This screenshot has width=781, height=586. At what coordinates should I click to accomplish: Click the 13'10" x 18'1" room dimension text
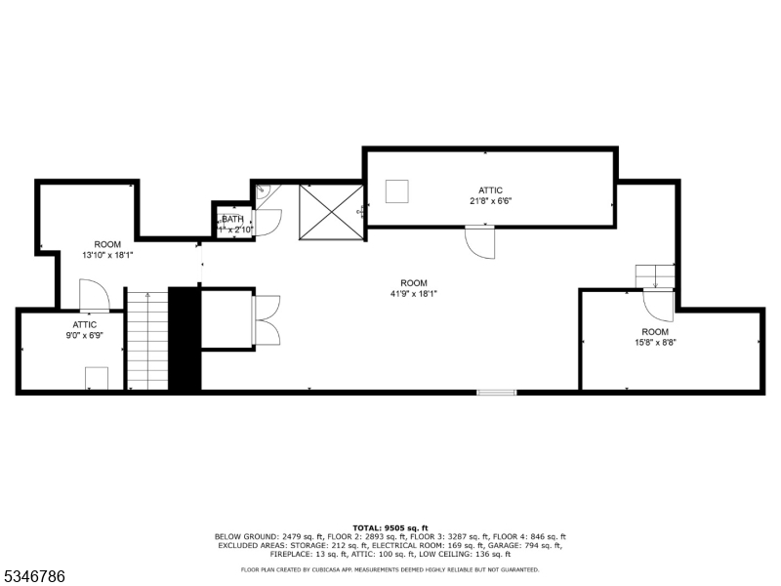pyautogui.click(x=107, y=255)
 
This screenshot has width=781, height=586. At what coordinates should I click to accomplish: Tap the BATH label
pyautogui.click(x=232, y=220)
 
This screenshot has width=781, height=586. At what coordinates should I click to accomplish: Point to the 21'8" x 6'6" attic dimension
pyautogui.click(x=490, y=201)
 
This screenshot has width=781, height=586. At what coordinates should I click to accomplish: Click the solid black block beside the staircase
pyautogui.click(x=184, y=340)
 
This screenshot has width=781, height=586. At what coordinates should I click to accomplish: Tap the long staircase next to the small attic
pyautogui.click(x=147, y=340)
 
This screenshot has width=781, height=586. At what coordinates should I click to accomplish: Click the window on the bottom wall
pyautogui.click(x=497, y=393)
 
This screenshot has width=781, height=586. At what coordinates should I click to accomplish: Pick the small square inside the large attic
pyautogui.click(x=396, y=190)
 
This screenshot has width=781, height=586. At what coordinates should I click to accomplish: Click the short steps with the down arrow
pyautogui.click(x=655, y=276)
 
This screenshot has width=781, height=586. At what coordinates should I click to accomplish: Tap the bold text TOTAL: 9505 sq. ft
pyautogui.click(x=390, y=527)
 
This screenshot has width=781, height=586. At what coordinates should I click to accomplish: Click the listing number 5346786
pyautogui.click(x=34, y=577)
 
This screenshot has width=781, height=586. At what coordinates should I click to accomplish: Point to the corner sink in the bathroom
pyautogui.click(x=261, y=192)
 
